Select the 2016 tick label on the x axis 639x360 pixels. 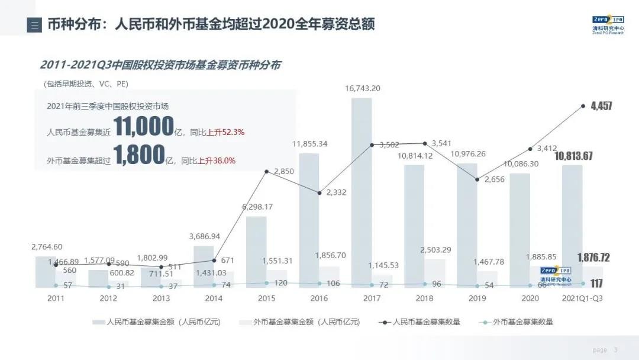click(319, 298)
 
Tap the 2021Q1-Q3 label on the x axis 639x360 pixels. click(582, 298)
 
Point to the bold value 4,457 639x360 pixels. click(601, 107)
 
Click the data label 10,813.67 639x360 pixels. click(583, 156)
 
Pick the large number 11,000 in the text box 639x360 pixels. click(144, 127)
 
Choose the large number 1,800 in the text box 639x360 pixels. click(140, 155)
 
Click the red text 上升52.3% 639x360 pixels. click(225, 132)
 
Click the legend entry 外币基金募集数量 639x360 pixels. click(524, 322)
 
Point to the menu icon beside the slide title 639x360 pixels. click(34, 25)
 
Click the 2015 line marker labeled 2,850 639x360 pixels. click(267, 172)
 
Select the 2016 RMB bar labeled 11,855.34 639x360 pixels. click(309, 220)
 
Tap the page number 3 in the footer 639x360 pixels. click(616, 350)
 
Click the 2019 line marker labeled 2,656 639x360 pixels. click(477, 179)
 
